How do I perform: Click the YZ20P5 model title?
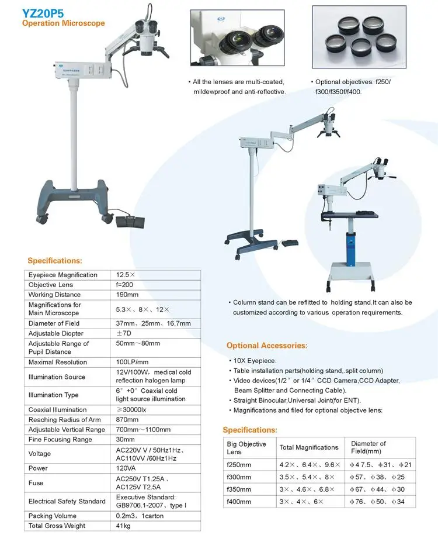pos(43,11)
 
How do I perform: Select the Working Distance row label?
pos(55,295)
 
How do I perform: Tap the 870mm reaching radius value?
pos(127,420)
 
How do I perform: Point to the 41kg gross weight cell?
pos(124,526)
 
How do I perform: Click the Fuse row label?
pos(36,483)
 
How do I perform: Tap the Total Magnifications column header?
pos(309,447)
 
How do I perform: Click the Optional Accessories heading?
pos(267,346)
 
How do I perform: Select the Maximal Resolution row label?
pos(58,363)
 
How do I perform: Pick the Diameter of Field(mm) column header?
pos(369,447)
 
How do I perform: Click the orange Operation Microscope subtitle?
pos(64,23)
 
